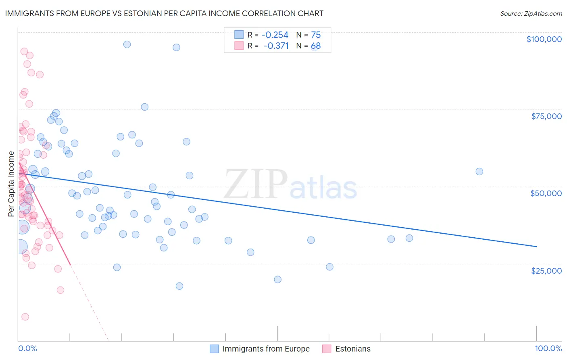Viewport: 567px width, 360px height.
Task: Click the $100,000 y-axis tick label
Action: pos(544,39)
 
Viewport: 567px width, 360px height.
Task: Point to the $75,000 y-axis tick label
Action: pos(546,116)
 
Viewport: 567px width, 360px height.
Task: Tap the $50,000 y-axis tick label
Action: pos(546,193)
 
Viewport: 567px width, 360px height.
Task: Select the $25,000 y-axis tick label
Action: pos(546,270)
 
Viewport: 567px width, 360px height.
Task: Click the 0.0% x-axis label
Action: pos(27,348)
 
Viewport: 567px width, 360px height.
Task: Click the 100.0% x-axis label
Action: pos(548,348)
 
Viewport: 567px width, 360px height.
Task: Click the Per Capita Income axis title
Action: pos(11,184)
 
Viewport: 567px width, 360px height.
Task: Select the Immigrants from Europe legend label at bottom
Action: pos(266,349)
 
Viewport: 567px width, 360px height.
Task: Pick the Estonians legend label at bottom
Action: pos(352,349)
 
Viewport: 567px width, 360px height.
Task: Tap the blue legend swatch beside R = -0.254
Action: pos(239,35)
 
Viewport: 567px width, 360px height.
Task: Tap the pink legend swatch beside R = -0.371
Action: pos(239,46)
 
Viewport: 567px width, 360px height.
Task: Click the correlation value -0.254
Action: pos(275,35)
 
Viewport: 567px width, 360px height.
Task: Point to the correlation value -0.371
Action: pos(276,46)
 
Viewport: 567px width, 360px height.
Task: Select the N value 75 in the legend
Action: pos(316,35)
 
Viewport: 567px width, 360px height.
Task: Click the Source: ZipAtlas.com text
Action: pos(531,14)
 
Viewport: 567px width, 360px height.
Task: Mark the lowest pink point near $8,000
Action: pos(25,317)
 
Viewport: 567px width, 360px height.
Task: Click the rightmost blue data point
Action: pos(479,172)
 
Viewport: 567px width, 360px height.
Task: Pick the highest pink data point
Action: pos(24,52)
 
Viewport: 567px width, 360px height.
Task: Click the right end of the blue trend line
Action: pos(536,246)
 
